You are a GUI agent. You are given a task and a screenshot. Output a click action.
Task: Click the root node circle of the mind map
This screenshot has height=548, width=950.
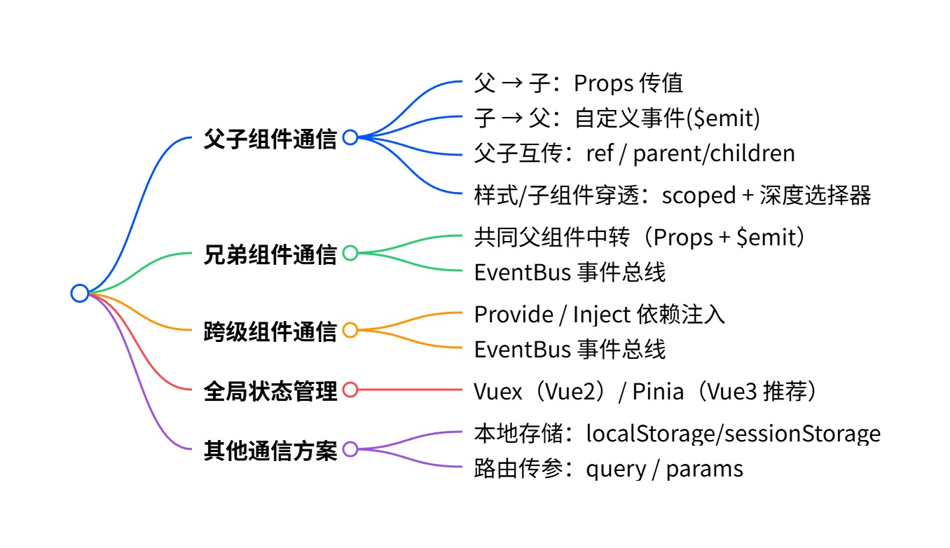click(80, 293)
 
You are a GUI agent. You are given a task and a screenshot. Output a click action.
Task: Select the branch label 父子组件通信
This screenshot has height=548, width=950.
click(270, 138)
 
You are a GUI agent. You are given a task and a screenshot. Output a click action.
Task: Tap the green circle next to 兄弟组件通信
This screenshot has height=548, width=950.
click(350, 253)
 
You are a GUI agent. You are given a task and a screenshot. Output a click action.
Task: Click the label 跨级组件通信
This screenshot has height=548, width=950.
click(270, 331)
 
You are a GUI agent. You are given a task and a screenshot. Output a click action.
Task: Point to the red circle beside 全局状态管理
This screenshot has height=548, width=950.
click(350, 390)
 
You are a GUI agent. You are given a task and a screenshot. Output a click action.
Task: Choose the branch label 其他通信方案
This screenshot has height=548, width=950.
click(270, 449)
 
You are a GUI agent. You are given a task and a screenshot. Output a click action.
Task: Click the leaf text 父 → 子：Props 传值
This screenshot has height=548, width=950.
click(578, 83)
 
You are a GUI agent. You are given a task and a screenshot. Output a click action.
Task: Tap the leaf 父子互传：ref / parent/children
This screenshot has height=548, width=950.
click(634, 153)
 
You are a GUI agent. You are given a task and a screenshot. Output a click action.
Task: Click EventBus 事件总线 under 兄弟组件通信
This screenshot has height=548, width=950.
click(570, 272)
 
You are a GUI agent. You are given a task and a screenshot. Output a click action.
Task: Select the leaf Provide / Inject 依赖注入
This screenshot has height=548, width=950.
click(599, 315)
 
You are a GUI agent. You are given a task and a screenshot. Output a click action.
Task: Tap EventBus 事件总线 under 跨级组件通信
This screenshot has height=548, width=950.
click(570, 349)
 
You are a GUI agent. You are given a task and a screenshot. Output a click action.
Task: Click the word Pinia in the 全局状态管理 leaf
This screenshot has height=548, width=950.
click(658, 391)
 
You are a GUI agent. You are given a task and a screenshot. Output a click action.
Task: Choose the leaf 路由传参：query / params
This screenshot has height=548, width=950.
click(608, 468)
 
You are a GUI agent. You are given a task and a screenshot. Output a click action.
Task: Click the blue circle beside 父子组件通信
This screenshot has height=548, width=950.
click(350, 137)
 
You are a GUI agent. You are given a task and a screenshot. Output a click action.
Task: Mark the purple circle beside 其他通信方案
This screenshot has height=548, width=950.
click(350, 448)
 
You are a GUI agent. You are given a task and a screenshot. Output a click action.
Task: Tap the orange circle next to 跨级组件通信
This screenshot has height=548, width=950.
click(350, 330)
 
